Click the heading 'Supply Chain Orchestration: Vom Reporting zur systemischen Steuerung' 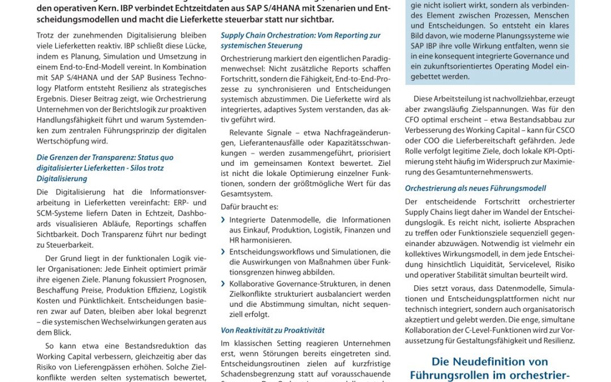[300, 40]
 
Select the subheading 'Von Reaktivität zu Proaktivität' [272, 330]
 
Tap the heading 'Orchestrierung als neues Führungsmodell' [475, 188]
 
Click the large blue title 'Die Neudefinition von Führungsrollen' [489, 368]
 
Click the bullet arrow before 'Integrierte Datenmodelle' [223, 220]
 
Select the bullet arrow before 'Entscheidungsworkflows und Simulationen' [223, 252]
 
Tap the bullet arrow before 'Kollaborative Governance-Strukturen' [223, 284]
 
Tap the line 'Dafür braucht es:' [249, 207]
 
